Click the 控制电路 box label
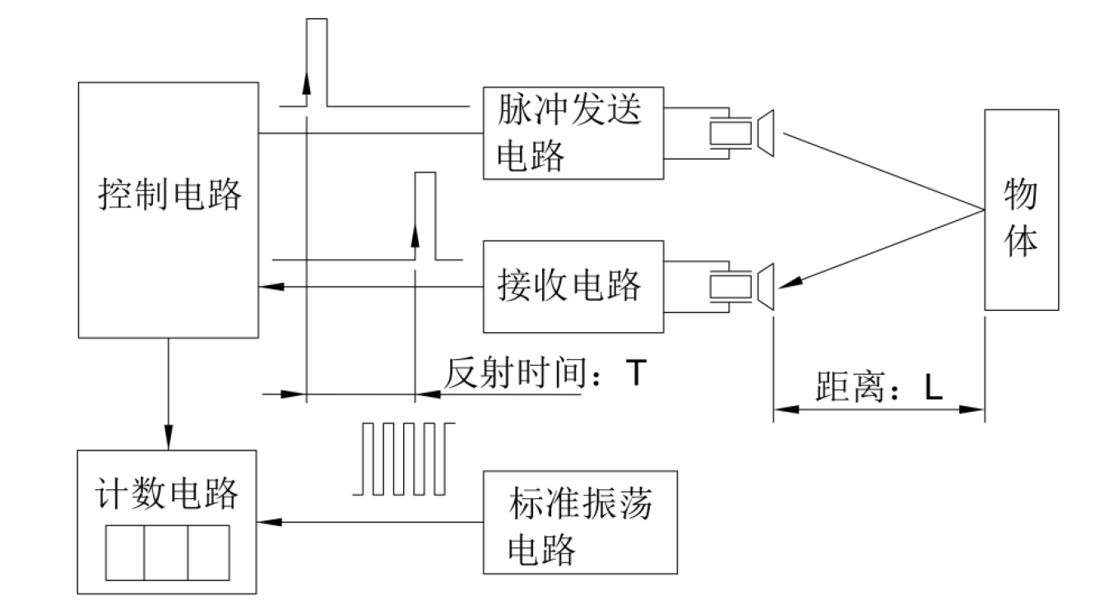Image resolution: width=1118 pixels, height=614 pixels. pyautogui.click(x=169, y=195)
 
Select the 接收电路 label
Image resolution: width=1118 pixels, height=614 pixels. pyautogui.click(x=569, y=285)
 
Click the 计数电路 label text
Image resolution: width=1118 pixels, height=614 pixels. pyautogui.click(x=167, y=493)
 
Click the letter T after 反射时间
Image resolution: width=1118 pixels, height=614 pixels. pyautogui.click(x=636, y=372)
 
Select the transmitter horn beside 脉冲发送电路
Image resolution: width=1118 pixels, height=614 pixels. pyautogui.click(x=766, y=133)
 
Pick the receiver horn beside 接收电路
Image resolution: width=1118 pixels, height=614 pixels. pyautogui.click(x=766, y=287)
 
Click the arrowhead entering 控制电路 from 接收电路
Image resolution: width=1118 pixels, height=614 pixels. pyautogui.click(x=271, y=287)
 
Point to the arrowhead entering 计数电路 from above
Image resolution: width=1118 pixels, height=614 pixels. pyautogui.click(x=169, y=438)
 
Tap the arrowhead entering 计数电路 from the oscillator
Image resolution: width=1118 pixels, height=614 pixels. pyautogui.click(x=270, y=522)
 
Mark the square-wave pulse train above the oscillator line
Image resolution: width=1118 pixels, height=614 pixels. pyautogui.click(x=404, y=459)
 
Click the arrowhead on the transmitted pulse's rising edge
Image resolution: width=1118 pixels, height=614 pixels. pyautogui.click(x=307, y=82)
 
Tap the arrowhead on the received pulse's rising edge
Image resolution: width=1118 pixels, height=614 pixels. pyautogui.click(x=415, y=235)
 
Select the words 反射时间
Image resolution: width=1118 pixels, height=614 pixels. pyautogui.click(x=515, y=372)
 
